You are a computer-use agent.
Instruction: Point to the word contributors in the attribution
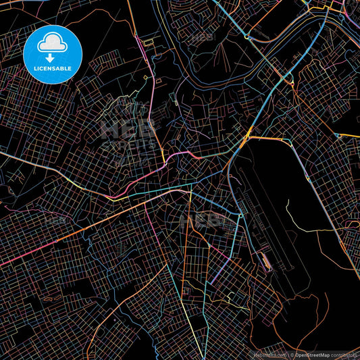345,354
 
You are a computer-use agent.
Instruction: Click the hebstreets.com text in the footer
269,354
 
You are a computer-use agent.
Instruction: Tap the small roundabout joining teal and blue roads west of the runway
240,215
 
